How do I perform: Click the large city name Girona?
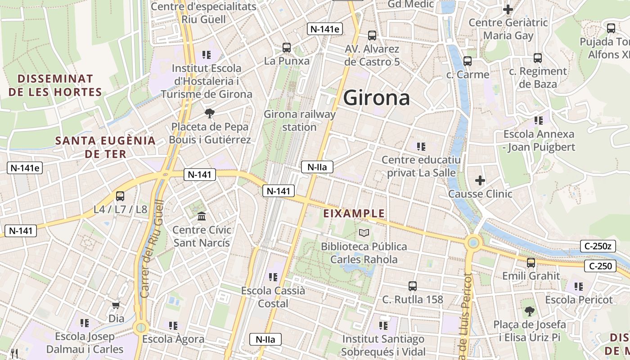pos(377,98)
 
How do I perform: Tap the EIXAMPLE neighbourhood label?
pos(354,213)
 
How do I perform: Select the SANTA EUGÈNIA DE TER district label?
pos(105,147)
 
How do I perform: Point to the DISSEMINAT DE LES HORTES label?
pos(55,85)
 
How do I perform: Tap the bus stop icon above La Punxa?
pos(286,47)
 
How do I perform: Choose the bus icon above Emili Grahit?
pos(531,263)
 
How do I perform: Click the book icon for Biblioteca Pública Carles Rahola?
pos(364,233)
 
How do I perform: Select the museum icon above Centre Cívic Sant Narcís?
pos(202,216)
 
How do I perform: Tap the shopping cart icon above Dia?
pos(116,306)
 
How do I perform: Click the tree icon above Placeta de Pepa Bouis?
pos(209,113)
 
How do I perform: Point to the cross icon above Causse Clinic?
pos(480,180)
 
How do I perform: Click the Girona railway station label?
pos(300,121)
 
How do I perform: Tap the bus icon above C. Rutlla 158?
pos(413,286)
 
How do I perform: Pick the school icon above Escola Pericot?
pos(579,286)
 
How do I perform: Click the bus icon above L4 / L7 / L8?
pos(120,196)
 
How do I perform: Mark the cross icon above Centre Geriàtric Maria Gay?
pos(508,9)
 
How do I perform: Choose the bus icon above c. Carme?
pos(468,61)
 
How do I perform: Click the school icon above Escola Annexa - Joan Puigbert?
pos(539,121)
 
